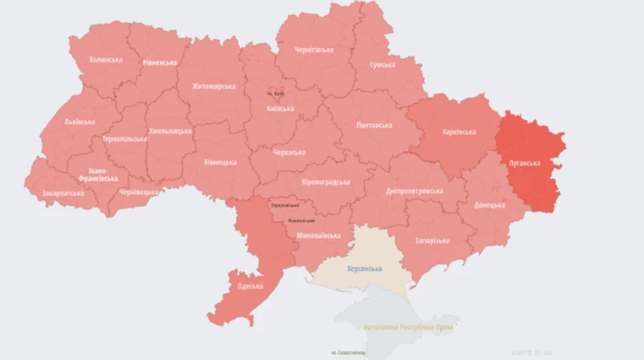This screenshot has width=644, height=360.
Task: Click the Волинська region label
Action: point(105,59)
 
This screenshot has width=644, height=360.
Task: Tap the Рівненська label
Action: point(159,62)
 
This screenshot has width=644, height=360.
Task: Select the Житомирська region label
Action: point(213,87)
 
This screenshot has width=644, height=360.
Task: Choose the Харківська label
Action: point(459,132)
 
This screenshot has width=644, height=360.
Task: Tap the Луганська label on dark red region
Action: point(524,163)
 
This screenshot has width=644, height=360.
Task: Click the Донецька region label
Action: point(489,205)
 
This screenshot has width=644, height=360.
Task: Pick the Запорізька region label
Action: point(431,240)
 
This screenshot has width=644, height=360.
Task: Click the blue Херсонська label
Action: point(364,268)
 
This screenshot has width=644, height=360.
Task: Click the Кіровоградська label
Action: point(326,181)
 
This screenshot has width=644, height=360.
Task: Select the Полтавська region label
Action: point(374,125)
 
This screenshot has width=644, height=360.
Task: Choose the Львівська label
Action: point(79,122)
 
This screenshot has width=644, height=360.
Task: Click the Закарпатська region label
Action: point(62,193)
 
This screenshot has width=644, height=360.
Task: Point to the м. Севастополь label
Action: point(348,353)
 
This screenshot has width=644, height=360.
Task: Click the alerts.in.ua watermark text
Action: point(532,352)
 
